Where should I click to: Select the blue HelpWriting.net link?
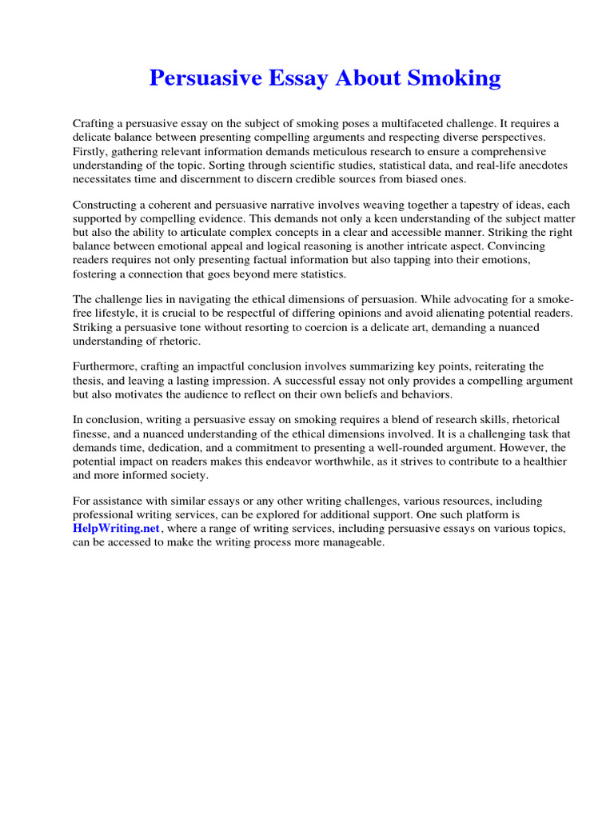pos(117,529)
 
